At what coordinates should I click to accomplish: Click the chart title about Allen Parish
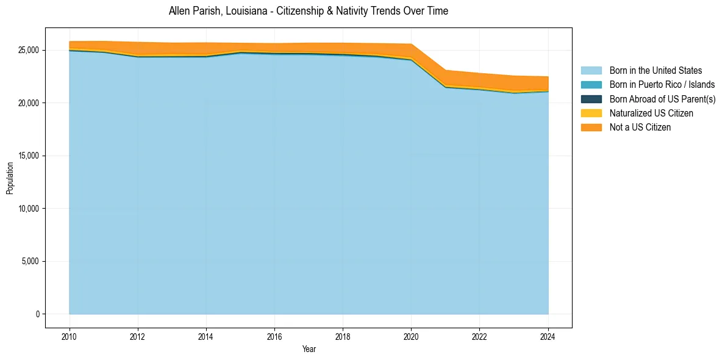click(308, 11)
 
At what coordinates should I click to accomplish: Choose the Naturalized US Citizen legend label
click(651, 113)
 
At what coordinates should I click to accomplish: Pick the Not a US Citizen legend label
click(640, 127)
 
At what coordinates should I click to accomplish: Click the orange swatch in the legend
click(591, 127)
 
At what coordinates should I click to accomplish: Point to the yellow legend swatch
click(591, 113)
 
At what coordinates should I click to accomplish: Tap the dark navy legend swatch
click(591, 99)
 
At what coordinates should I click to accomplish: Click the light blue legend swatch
click(591, 71)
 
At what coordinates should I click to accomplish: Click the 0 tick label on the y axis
click(37, 314)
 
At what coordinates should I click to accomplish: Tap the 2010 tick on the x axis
click(70, 336)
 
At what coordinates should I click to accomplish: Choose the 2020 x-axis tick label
click(411, 336)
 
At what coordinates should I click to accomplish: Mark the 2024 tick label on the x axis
click(548, 336)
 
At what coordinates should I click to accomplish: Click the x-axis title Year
click(309, 349)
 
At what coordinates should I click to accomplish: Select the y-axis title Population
click(10, 178)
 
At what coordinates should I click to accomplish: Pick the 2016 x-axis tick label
click(274, 336)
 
